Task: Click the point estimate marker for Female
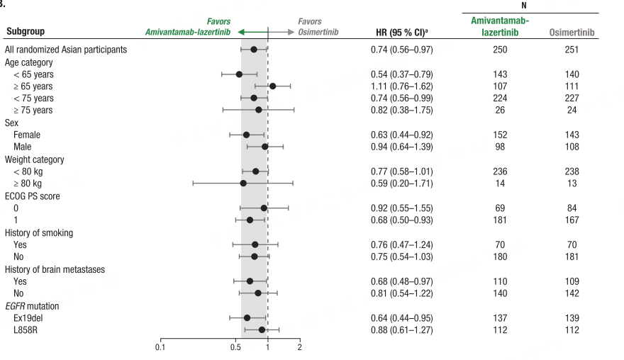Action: click(x=246, y=135)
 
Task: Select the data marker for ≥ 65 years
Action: click(x=272, y=86)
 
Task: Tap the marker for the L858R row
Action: click(x=262, y=330)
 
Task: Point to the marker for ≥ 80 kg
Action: click(x=243, y=184)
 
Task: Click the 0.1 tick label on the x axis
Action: click(x=160, y=347)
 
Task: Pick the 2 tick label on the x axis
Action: click(x=300, y=347)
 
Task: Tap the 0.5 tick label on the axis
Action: click(x=235, y=347)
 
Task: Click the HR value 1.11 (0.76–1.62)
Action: click(x=401, y=86)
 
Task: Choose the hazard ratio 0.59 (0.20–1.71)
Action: click(x=401, y=184)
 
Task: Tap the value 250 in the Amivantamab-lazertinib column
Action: click(x=500, y=50)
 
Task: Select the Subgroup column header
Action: click(x=26, y=33)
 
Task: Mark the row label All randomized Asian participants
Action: click(x=66, y=50)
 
